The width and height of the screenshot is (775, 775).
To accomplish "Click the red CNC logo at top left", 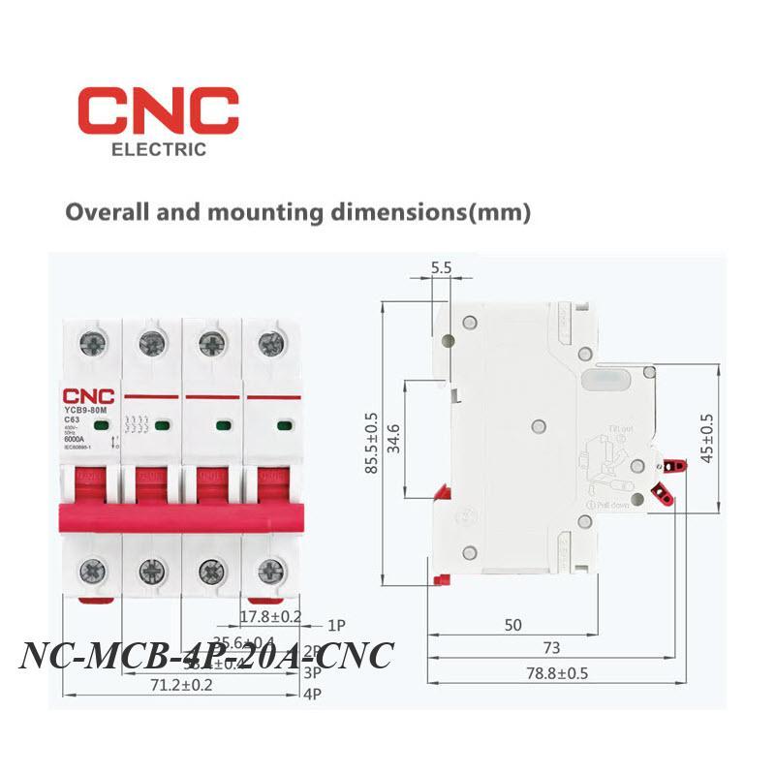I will click(158, 112).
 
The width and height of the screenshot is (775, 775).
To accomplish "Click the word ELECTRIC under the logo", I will click(159, 150).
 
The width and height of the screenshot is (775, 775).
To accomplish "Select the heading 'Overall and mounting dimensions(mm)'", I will click(297, 211).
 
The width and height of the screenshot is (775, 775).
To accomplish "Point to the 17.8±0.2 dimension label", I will click(271, 615).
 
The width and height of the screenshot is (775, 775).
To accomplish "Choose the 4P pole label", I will click(311, 695).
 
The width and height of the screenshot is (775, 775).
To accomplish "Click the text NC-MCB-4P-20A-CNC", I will click(206, 655).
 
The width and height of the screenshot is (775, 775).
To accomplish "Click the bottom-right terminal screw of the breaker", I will click(270, 571).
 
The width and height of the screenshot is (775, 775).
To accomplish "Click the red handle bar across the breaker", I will click(179, 516).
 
